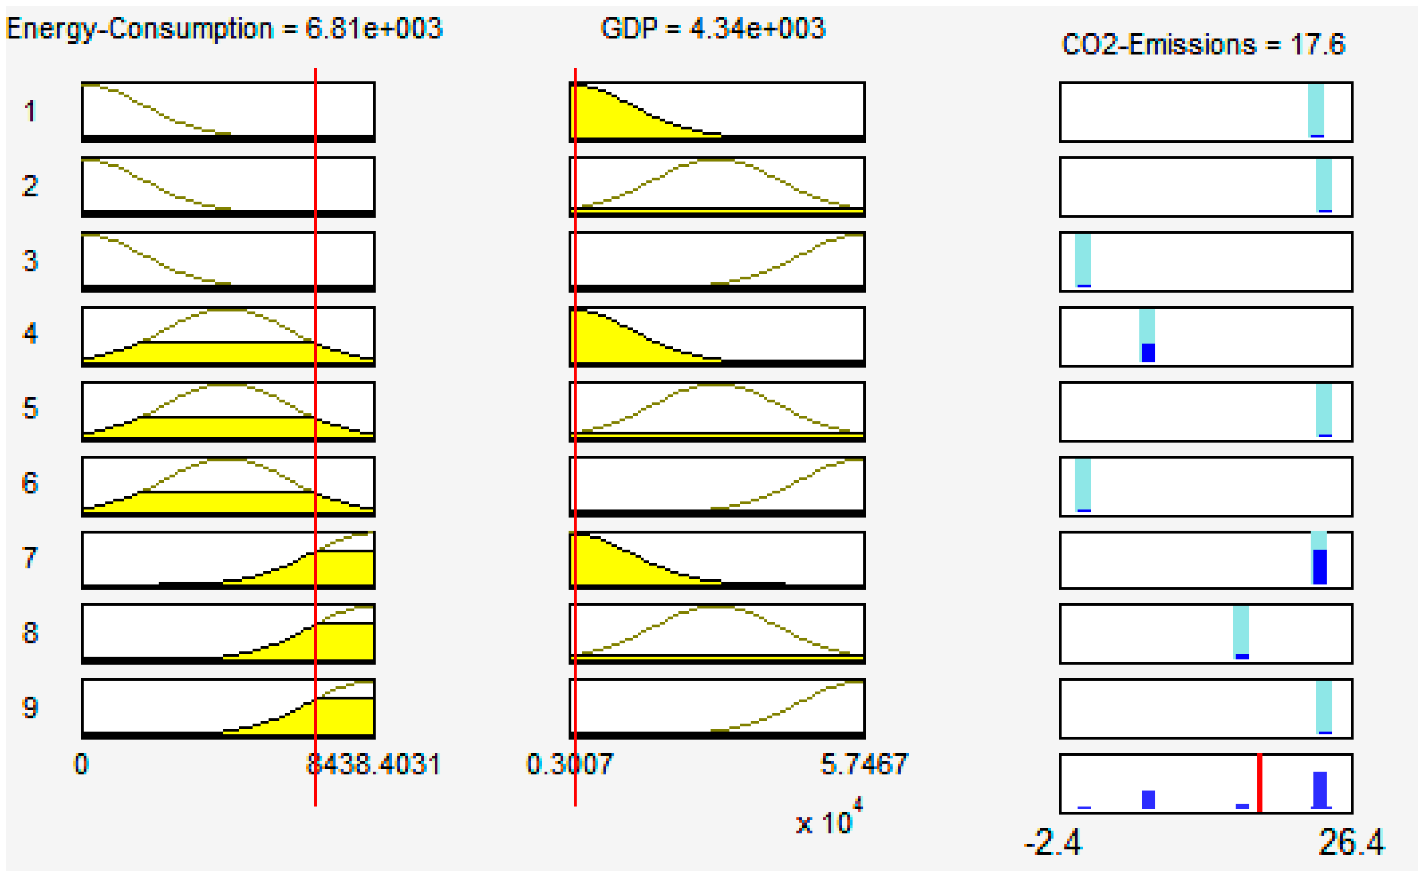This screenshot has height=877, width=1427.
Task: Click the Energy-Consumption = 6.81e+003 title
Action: [x=224, y=29]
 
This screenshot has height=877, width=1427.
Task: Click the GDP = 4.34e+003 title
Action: [x=712, y=29]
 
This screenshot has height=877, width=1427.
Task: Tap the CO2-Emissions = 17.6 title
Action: [x=1203, y=45]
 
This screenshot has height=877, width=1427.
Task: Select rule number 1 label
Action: [x=30, y=112]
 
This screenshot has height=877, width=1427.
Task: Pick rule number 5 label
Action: [x=30, y=408]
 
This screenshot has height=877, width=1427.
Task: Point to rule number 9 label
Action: [x=30, y=707]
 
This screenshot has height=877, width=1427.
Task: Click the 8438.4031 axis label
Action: [x=373, y=765]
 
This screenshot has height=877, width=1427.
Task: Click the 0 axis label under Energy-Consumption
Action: [x=81, y=765]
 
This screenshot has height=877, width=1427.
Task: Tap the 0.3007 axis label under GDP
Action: [x=569, y=765]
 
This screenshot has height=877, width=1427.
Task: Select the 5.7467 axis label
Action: [x=864, y=765]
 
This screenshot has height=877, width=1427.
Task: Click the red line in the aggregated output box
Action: [x=1260, y=783]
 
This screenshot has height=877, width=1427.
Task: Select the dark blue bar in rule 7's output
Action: [x=1320, y=567]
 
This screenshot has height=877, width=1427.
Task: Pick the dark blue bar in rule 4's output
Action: [x=1148, y=353]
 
